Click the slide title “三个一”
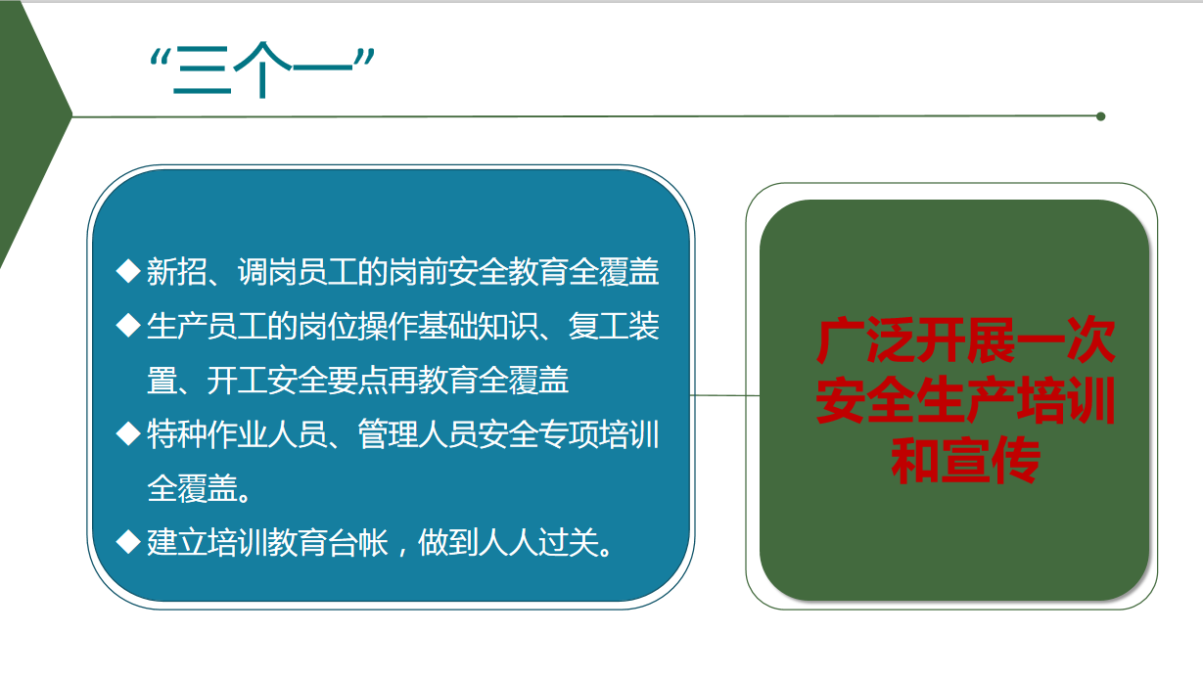pos(262,69)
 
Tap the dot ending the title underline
pos(1100,116)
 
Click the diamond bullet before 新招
pos(128,271)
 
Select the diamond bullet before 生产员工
pos(128,326)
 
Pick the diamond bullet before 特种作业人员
pos(128,433)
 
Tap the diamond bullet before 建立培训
pos(128,542)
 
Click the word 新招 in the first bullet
pos(177,271)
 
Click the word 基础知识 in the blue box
pos(478,326)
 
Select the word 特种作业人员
pos(237,434)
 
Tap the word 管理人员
pos(418,434)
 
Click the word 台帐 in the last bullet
pos(357,542)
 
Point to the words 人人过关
pos(537,542)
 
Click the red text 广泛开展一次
pos(965,340)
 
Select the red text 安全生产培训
pos(965,400)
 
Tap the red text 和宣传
pos(965,460)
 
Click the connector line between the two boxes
pos(725,395)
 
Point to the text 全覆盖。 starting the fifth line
pos(200,488)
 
